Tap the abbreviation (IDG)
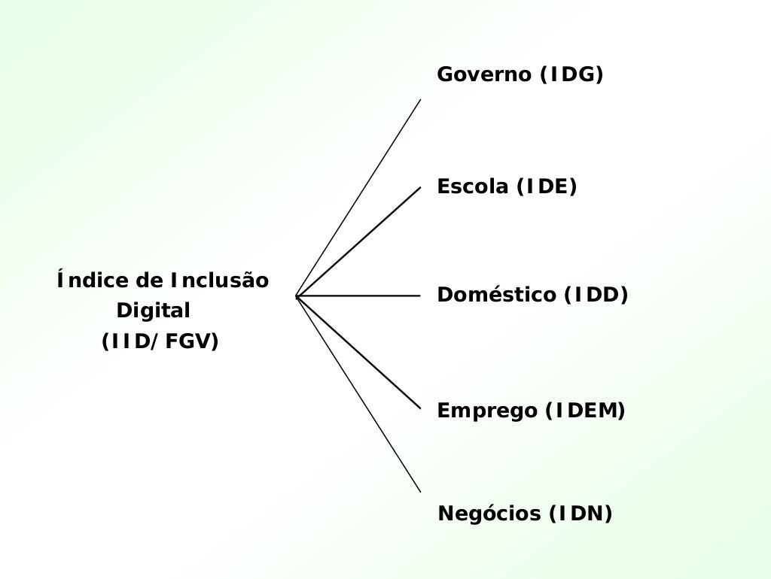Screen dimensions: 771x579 571,75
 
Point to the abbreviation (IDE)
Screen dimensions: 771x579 547,186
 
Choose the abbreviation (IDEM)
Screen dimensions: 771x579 585,411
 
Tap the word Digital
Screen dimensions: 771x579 154,311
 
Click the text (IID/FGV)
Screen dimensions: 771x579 160,341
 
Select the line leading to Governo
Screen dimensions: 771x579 358,197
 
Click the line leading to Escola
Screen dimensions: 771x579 358,241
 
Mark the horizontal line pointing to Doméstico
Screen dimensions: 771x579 358,296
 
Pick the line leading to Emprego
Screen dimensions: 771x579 358,353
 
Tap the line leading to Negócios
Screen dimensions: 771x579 358,395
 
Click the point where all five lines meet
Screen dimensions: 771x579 297,296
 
